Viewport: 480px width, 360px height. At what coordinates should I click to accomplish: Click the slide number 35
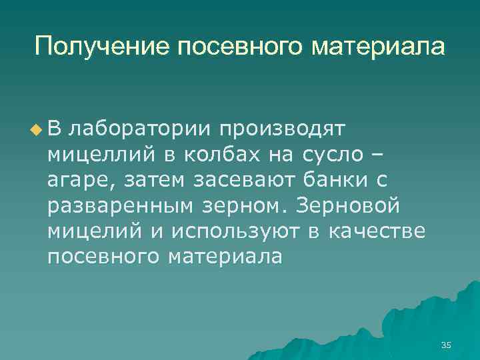point(446,345)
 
